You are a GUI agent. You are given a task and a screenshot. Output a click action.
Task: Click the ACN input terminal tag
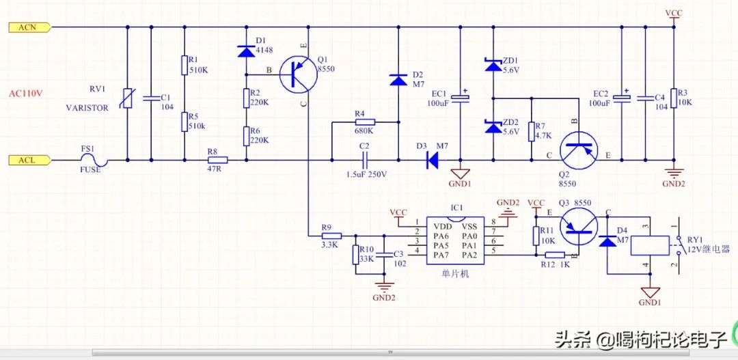(x=29, y=27)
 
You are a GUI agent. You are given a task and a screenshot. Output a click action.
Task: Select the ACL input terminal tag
(x=29, y=161)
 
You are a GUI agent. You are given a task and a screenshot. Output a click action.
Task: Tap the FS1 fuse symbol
(x=94, y=161)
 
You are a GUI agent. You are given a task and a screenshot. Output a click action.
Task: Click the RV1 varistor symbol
(x=128, y=98)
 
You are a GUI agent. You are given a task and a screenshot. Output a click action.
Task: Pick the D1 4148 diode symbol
(x=246, y=51)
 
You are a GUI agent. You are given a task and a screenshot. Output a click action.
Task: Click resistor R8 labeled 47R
(x=217, y=160)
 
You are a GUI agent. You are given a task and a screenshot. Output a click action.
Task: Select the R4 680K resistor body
(x=364, y=122)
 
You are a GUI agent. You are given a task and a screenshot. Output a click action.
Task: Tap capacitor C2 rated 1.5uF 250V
(x=365, y=161)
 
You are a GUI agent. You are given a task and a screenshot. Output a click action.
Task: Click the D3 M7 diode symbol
(x=431, y=161)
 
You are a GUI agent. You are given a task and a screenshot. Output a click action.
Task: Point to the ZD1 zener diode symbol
(x=493, y=64)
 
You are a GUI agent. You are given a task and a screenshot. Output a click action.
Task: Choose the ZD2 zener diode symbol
(x=493, y=126)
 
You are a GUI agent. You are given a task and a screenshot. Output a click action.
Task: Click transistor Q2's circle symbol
(x=579, y=150)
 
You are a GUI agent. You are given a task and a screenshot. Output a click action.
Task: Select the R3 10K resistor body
(x=674, y=98)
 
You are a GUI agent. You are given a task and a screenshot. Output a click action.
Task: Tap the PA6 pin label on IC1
(x=441, y=234)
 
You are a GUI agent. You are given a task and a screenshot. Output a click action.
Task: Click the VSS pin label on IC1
(x=469, y=225)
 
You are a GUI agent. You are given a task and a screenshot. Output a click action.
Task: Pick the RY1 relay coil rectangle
(x=650, y=246)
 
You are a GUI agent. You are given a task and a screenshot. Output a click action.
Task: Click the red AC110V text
(x=26, y=93)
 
